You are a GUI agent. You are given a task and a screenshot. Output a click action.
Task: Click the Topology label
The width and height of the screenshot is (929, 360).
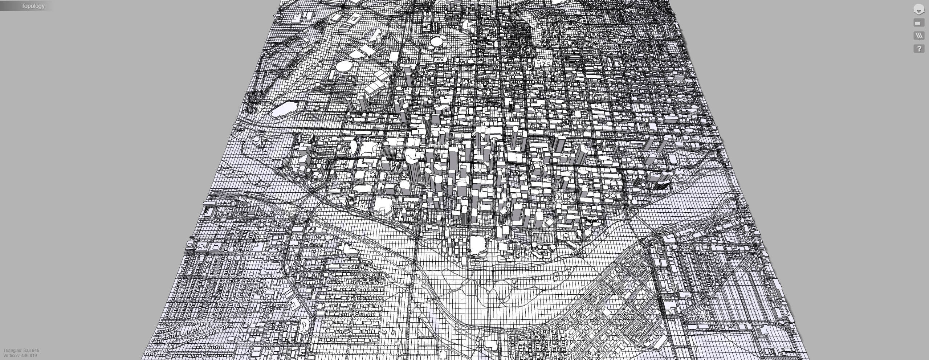point(33,6)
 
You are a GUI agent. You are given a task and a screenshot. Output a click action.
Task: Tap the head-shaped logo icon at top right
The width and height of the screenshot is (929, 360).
point(918,9)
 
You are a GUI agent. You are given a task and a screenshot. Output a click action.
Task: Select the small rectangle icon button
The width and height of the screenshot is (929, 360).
point(918,23)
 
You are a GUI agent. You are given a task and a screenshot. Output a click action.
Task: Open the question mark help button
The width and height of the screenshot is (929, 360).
point(919,49)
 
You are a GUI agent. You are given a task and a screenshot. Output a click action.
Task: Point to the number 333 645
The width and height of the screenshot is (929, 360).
point(31,351)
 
